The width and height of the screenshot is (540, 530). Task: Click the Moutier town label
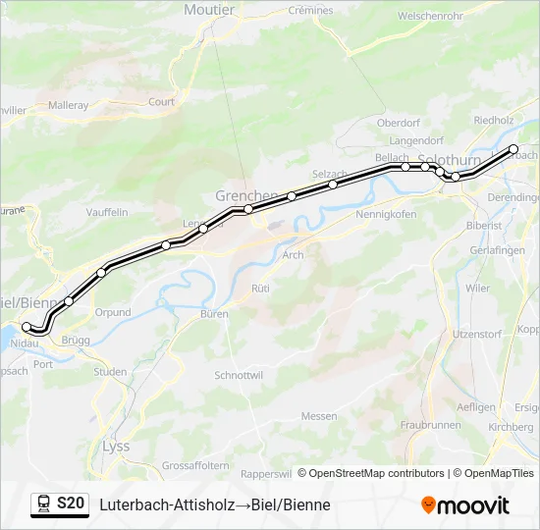click(x=209, y=10)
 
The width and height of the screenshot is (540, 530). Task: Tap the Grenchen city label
click(x=246, y=195)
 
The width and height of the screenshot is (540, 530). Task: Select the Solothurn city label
click(x=449, y=159)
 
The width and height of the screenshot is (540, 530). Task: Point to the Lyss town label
click(x=115, y=446)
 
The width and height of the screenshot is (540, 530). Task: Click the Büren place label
click(x=213, y=314)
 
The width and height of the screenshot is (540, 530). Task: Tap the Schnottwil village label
click(x=239, y=376)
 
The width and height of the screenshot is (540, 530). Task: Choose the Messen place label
click(x=318, y=416)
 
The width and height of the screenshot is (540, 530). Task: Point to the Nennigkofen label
click(x=386, y=213)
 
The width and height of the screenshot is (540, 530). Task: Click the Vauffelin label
click(x=107, y=212)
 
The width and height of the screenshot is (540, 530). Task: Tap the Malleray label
click(x=68, y=104)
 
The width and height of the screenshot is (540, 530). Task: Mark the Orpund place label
click(x=113, y=312)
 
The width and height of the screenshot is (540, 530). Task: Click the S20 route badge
click(x=70, y=503)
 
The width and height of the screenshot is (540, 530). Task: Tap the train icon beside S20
click(x=43, y=503)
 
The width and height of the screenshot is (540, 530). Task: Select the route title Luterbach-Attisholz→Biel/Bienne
click(x=215, y=504)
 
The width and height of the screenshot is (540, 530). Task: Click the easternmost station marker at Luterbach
click(x=513, y=149)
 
